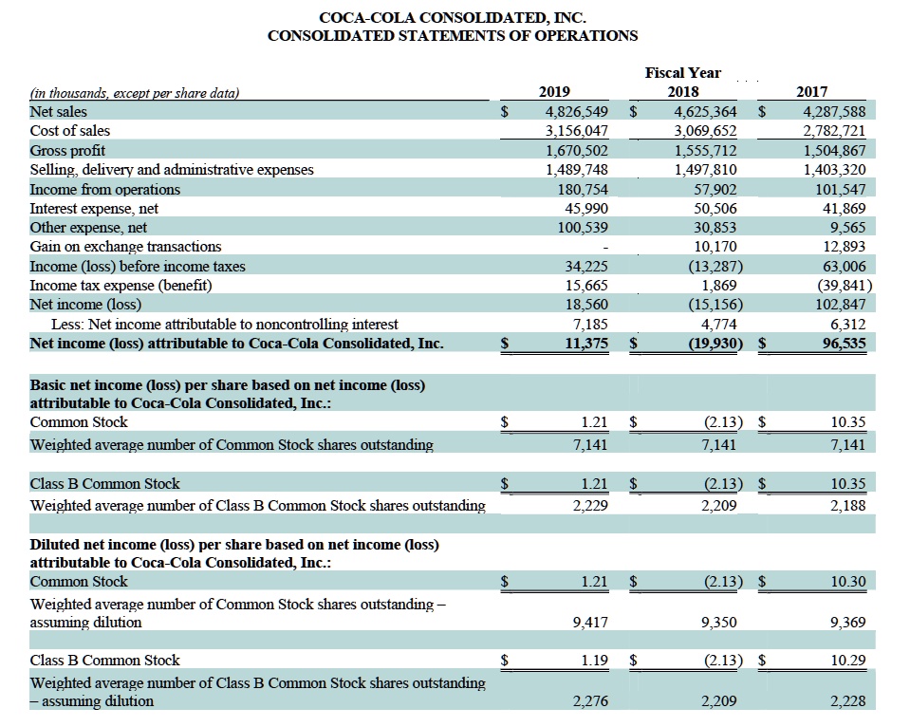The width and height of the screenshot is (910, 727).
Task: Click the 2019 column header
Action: click(x=554, y=92)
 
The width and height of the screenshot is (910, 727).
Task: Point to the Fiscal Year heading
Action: click(x=682, y=72)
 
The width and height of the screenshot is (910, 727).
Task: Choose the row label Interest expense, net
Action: click(x=94, y=208)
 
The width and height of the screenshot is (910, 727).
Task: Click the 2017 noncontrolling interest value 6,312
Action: click(x=844, y=324)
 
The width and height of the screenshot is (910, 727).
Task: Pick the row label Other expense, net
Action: click(x=88, y=228)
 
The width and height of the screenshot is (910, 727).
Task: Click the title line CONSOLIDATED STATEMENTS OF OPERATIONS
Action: click(x=453, y=36)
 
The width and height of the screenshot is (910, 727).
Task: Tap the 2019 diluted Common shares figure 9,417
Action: click(x=591, y=623)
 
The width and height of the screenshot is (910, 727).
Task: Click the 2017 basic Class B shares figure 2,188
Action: click(x=847, y=505)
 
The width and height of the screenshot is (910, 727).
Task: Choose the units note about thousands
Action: click(x=135, y=93)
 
